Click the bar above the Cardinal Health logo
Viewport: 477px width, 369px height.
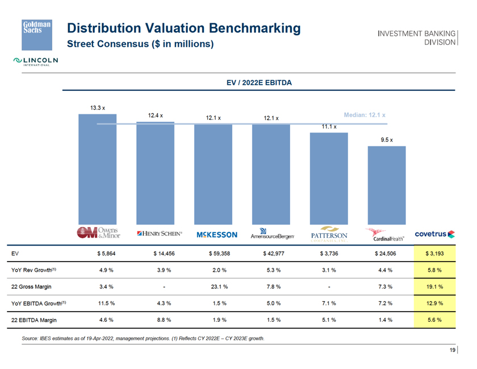387,185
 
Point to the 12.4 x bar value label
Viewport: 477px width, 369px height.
156,115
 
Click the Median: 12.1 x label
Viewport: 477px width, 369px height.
365,114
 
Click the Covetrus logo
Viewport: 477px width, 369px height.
434,233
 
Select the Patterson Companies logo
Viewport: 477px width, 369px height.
329,235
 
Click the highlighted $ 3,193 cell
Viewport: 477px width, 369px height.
435,254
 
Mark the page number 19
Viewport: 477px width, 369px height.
453,350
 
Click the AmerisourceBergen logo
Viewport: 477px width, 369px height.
272,234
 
